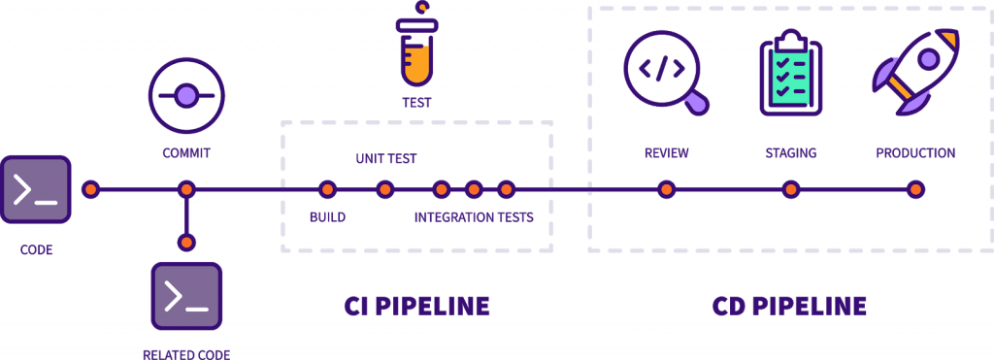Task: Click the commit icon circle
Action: pos(186,95)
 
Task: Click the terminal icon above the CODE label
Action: pos(36,190)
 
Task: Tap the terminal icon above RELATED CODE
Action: pos(186,296)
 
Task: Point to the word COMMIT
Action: pos(186,153)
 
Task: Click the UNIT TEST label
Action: pos(385,158)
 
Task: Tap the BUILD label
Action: pos(327,217)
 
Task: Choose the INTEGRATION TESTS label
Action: pos(474,217)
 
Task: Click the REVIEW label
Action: pos(666,153)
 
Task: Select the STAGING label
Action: pos(790,153)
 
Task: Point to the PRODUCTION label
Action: pos(915,153)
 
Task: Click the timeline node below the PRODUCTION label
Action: pos(915,189)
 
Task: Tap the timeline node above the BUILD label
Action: pos(327,189)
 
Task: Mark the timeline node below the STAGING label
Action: pos(790,189)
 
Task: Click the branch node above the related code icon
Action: pos(186,242)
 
